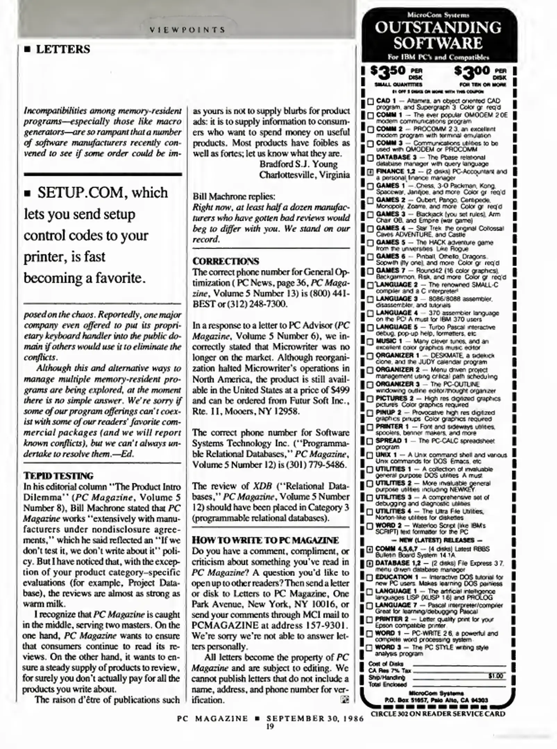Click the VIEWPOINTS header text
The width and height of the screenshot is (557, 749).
[x=187, y=29]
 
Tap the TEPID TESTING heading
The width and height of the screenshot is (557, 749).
[x=58, y=476]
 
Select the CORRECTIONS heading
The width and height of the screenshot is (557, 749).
[x=226, y=261]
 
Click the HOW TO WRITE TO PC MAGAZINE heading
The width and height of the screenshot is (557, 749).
[x=265, y=540]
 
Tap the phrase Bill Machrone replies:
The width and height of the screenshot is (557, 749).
[x=234, y=196]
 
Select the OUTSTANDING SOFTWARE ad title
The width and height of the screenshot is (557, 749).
[x=438, y=35]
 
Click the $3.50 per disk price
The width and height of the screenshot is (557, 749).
[x=396, y=73]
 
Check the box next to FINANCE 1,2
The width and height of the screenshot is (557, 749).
[x=370, y=172]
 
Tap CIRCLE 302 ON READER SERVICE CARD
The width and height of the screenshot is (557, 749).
[x=438, y=713]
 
